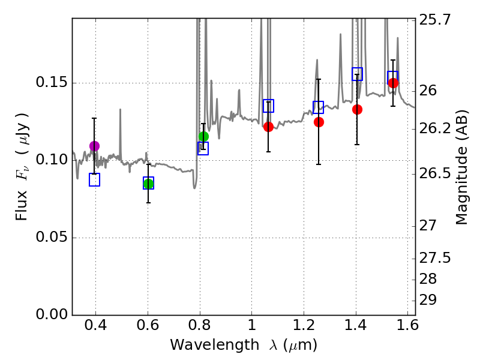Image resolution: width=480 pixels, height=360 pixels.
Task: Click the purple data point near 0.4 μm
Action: (x=94, y=146)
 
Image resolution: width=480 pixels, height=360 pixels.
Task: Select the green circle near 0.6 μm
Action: (x=148, y=184)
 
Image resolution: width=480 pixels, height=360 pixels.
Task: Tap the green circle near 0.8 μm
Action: (x=203, y=136)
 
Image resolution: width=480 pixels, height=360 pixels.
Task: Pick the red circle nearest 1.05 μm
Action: (x=268, y=127)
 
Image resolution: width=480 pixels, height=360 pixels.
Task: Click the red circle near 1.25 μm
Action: (x=319, y=122)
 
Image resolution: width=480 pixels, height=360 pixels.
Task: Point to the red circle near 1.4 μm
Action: (x=357, y=109)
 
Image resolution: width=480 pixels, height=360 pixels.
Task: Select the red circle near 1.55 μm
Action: (x=393, y=83)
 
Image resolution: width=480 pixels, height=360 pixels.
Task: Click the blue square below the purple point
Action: (x=94, y=179)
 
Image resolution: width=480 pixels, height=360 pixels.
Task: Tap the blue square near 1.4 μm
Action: (x=357, y=74)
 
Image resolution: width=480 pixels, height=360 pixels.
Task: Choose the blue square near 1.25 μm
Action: (x=319, y=107)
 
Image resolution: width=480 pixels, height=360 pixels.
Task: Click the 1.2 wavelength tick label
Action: (x=304, y=327)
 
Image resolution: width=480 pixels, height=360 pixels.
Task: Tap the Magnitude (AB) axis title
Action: (x=461, y=167)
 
